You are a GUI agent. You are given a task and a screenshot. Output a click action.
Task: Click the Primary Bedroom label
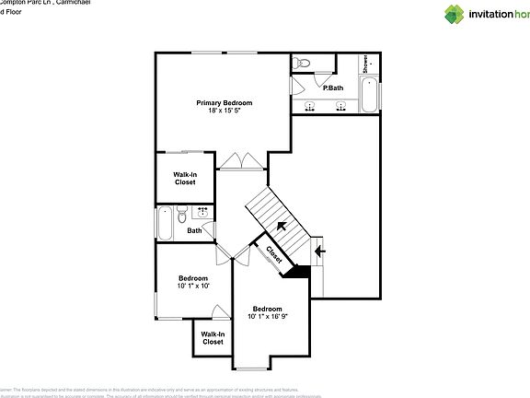coord(224,102)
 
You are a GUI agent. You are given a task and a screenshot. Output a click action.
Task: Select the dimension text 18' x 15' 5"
coord(224,111)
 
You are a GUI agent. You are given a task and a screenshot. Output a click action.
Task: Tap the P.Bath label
coord(332,88)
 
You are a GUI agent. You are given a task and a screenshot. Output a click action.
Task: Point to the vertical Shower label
coord(365,64)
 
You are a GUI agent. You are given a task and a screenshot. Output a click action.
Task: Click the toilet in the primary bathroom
coord(305,63)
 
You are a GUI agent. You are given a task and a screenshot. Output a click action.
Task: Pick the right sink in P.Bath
coord(341,106)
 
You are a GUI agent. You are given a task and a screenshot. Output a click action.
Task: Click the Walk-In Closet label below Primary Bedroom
coord(185,178)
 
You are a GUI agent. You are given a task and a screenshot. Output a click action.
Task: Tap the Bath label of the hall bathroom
coord(194,231)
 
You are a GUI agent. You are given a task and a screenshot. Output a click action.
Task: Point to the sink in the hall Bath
coord(202,215)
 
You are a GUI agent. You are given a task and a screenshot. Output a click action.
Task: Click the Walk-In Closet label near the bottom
coord(212,338)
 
